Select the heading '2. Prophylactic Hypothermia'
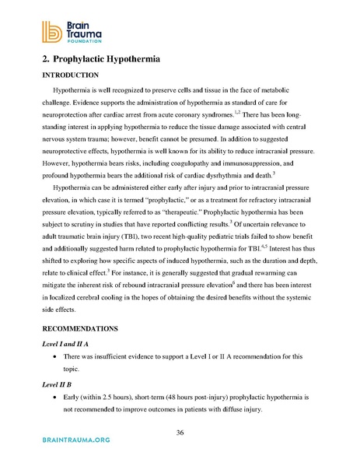(x=103, y=58)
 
